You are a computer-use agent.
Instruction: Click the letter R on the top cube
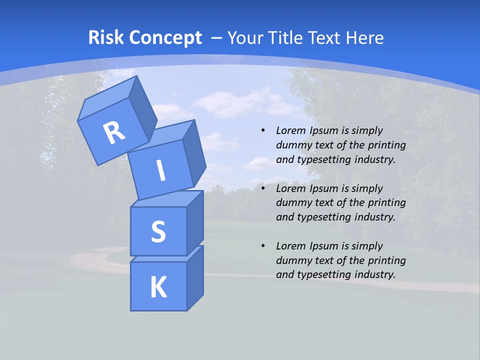[114, 133]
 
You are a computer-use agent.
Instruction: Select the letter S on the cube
[158, 231]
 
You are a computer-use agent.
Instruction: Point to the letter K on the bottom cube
[158, 287]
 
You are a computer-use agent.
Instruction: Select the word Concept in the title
[165, 38]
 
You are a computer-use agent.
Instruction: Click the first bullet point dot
[263, 130]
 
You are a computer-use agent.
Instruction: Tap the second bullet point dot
[263, 188]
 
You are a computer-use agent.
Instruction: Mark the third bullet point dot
[263, 246]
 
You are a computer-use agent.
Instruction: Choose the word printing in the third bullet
[387, 260]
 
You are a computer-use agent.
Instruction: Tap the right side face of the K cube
[195, 277]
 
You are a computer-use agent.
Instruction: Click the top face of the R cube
[107, 97]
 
